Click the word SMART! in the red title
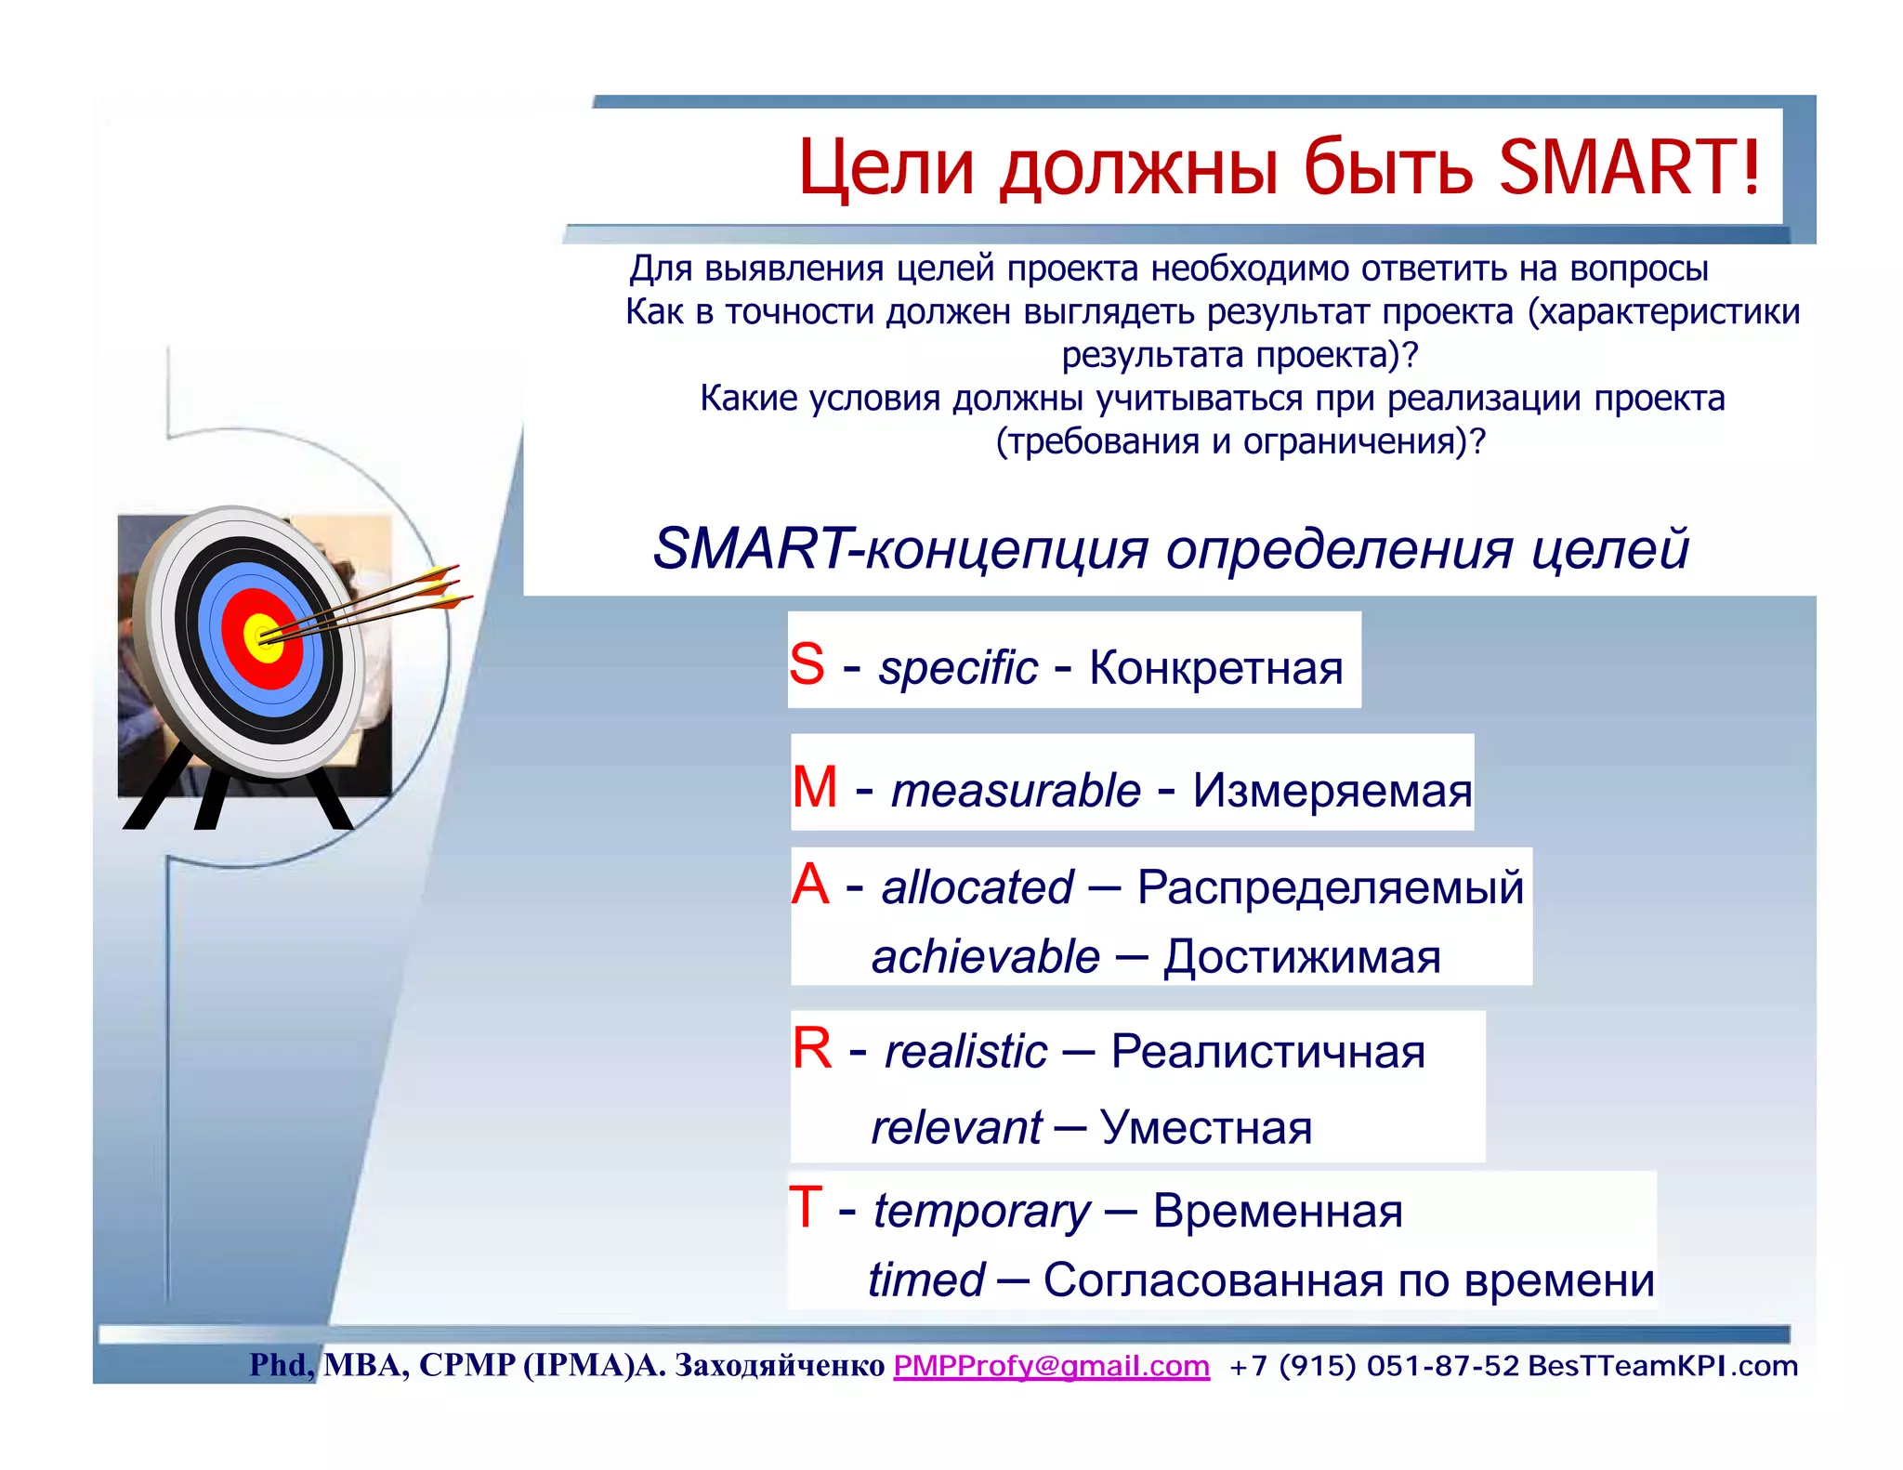pos(1631,167)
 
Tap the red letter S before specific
pos(807,664)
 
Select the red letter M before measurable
pos(815,787)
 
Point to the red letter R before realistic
pos(812,1049)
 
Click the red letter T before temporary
pos(806,1208)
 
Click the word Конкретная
pos(1216,667)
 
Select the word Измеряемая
pos(1332,791)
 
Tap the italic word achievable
pos(986,956)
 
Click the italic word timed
pos(926,1280)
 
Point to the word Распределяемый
pos(1331,886)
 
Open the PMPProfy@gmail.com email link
pos(1052,1365)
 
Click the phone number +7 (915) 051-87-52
pos(1374,1365)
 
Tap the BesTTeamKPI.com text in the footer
pos(1663,1365)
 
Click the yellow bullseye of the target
pos(263,638)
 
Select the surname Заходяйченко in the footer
pos(780,1365)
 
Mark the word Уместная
pos(1206,1128)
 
